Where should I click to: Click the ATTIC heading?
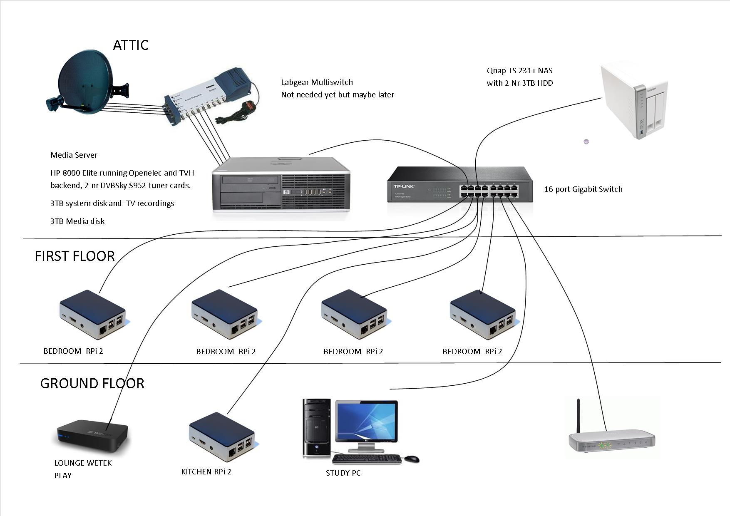131,45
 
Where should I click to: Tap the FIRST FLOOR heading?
74,256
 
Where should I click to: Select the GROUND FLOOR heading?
92,383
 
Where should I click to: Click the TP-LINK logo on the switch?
404,186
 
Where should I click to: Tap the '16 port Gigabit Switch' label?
583,189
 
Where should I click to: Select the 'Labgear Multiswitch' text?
317,82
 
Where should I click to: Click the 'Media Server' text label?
74,155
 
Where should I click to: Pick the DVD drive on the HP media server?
250,180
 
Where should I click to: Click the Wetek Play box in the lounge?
92,435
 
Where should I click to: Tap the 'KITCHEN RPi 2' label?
206,472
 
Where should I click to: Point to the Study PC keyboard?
367,459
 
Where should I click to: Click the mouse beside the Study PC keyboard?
412,459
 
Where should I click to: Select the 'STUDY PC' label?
343,473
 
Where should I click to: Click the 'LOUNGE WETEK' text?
83,463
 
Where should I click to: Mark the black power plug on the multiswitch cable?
250,107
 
